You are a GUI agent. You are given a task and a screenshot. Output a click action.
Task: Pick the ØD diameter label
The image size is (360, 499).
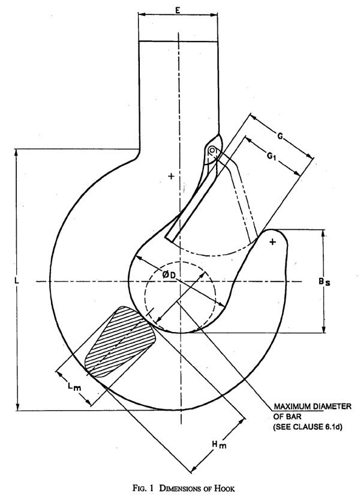point(169,274)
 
